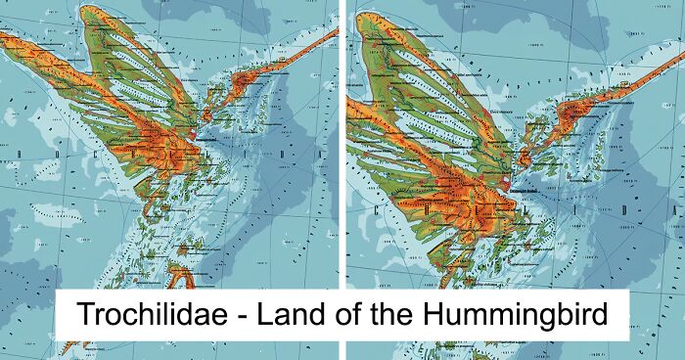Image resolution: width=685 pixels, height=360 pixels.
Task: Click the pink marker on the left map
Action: [194, 135]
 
